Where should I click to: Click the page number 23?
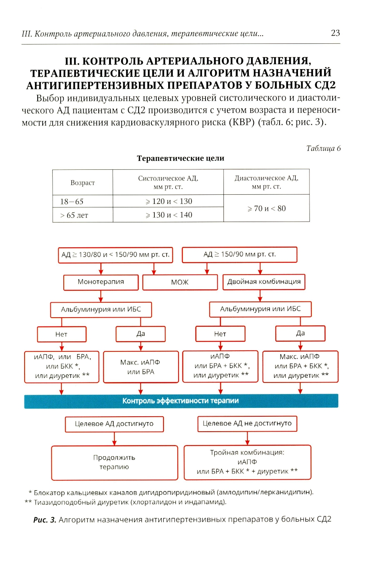(x=335, y=33)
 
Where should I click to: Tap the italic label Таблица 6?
(x=323, y=148)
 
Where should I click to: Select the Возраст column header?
(x=83, y=183)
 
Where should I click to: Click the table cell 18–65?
(x=72, y=201)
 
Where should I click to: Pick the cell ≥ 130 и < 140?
(x=169, y=215)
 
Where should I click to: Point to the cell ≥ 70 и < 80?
(x=266, y=209)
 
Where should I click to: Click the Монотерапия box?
(x=101, y=282)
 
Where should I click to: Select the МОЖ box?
(x=180, y=282)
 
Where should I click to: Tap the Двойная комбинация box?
(x=264, y=282)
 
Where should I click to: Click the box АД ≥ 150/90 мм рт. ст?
(x=240, y=255)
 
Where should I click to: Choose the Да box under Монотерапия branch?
(x=141, y=334)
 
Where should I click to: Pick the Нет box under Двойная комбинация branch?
(x=220, y=334)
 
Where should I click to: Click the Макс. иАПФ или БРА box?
(x=141, y=367)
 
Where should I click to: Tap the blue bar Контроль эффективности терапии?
(x=181, y=401)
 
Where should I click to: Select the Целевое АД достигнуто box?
(x=114, y=424)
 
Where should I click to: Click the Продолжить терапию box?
(x=114, y=462)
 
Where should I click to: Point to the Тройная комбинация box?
(x=247, y=462)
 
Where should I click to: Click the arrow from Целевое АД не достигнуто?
(x=247, y=438)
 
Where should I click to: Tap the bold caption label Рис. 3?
(x=45, y=520)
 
